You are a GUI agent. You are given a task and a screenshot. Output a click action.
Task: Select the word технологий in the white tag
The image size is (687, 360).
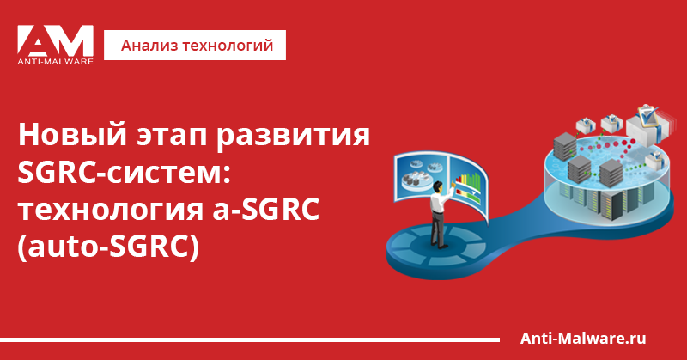coord(228,46)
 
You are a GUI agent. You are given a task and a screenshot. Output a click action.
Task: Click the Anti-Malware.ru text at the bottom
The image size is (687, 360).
coord(583,338)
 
